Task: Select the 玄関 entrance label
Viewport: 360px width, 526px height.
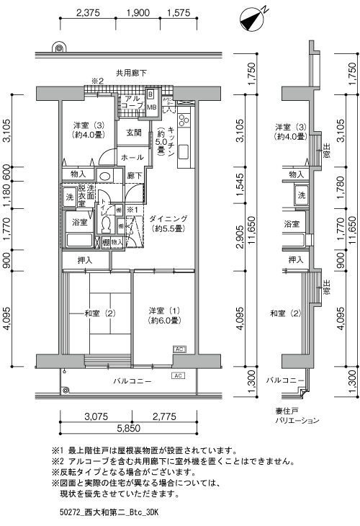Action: (x=134, y=133)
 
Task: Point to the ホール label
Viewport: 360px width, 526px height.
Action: (x=132, y=156)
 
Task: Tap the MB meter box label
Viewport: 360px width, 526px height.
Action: (x=152, y=107)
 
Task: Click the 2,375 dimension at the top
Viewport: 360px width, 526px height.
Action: (x=87, y=13)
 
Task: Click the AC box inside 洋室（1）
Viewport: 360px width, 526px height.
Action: (x=179, y=349)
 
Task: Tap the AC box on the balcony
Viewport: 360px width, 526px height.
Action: (x=177, y=376)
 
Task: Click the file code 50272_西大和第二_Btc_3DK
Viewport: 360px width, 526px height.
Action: (x=109, y=512)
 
